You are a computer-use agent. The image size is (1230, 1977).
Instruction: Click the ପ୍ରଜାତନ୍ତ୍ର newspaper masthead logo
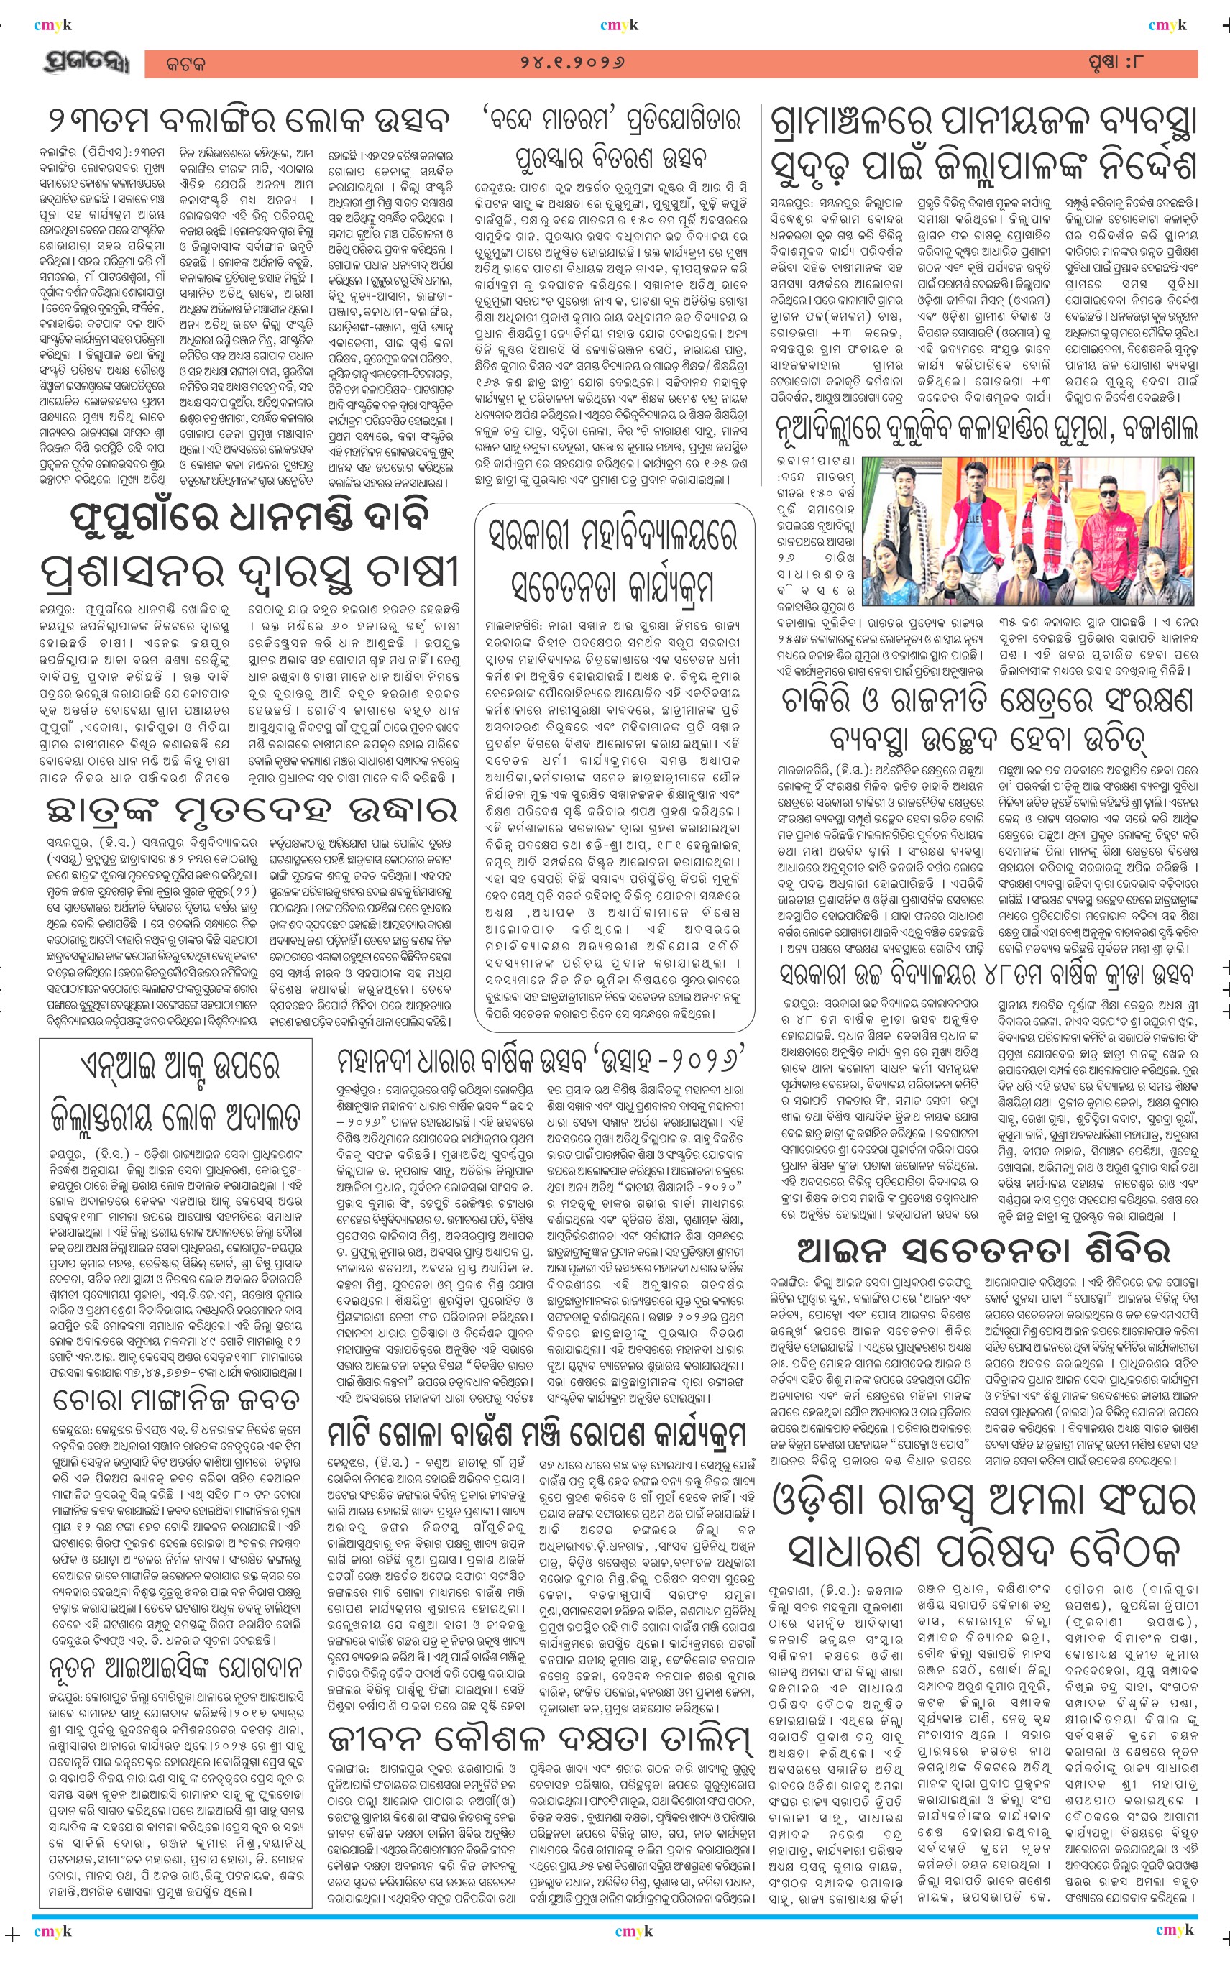tap(85, 64)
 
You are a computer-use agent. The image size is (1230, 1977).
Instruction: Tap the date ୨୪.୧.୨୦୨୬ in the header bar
tap(573, 63)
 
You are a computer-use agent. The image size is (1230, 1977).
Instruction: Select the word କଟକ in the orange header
tap(185, 64)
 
